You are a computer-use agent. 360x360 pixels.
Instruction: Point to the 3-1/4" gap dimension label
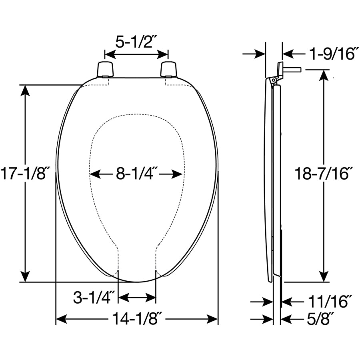(x=94, y=297)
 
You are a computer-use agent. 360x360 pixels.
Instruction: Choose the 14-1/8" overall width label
(x=136, y=319)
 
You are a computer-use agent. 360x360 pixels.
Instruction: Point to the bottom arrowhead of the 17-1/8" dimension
(x=25, y=276)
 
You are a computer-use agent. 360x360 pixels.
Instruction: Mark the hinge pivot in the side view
(x=274, y=80)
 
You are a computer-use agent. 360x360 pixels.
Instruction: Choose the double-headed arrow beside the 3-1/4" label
(x=137, y=297)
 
